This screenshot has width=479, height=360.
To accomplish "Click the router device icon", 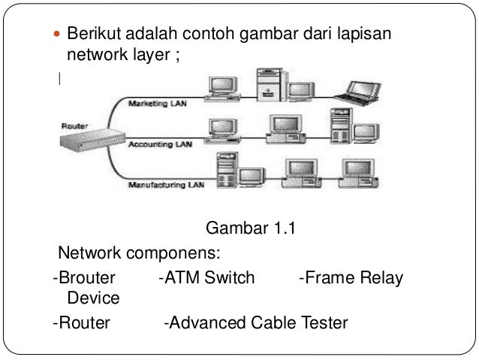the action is (92, 140).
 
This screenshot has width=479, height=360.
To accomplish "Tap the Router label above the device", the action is (74, 126).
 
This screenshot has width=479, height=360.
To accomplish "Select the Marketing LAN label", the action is (158, 104).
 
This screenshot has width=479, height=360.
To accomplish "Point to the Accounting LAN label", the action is (160, 144).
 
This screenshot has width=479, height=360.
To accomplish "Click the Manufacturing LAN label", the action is (166, 185).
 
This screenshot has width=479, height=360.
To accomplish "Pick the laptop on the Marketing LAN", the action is (358, 93).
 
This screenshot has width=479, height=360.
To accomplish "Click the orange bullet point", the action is (57, 34).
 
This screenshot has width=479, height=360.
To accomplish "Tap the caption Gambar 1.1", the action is (251, 228).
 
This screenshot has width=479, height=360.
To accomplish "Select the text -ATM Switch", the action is (206, 277).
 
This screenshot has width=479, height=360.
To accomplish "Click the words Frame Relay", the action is (354, 278).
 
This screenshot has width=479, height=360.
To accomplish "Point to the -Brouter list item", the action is (84, 277).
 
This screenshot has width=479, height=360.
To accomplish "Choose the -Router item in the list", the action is (81, 322).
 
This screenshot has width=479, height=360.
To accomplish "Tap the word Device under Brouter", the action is (93, 298).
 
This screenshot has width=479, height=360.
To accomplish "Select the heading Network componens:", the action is (139, 253).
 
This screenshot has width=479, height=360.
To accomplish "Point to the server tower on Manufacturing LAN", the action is (227, 170).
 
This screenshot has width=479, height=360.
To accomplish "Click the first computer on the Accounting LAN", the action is (222, 131).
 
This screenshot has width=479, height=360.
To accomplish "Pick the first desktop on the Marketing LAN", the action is (222, 89).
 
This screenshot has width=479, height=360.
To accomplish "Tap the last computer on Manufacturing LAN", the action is (359, 174).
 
